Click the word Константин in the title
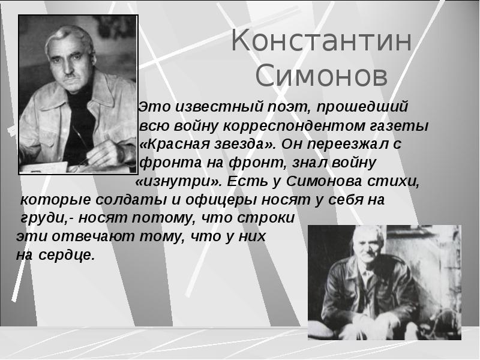coord(322,43)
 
